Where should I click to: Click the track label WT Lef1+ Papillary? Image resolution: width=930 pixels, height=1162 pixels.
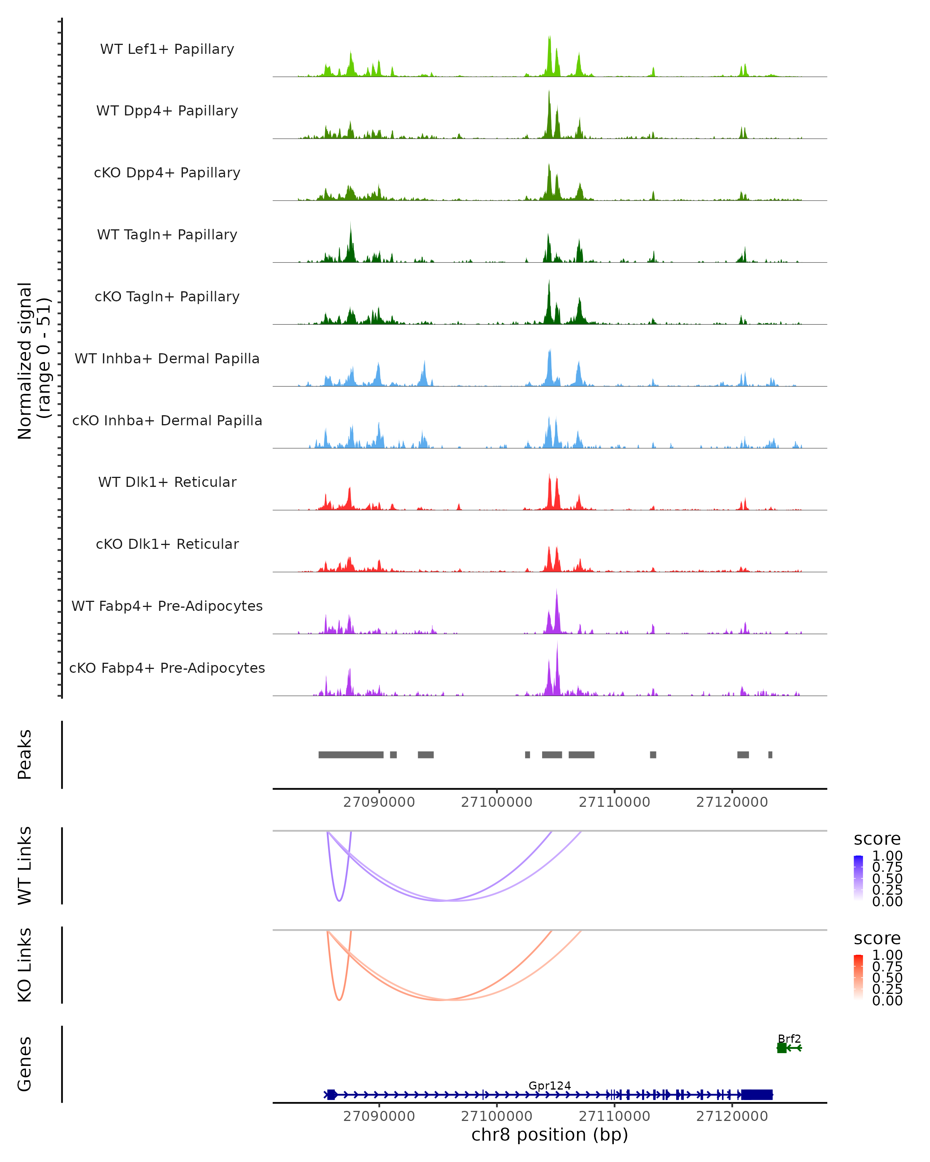(167, 49)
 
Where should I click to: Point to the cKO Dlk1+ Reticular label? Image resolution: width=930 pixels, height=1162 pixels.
(167, 544)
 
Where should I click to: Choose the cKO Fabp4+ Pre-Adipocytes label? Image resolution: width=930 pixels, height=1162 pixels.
(167, 668)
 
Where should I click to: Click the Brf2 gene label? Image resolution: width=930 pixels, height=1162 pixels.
(789, 1038)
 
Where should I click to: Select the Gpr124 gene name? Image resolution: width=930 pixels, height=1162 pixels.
(549, 1085)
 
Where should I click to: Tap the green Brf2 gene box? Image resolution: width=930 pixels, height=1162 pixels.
(782, 1048)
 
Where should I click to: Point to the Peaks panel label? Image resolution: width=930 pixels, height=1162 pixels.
(25, 755)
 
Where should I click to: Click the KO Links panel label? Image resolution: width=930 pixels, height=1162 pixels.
(25, 965)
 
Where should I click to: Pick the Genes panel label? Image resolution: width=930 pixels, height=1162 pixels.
(25, 1064)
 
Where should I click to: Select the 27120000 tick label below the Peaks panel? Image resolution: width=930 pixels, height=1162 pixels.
(732, 802)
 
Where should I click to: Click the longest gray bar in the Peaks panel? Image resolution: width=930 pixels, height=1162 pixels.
(351, 755)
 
